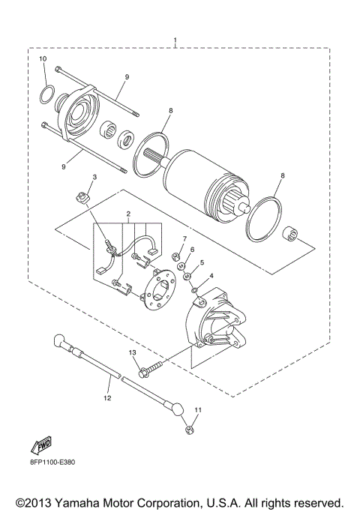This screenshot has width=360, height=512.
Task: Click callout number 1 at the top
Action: tap(175, 39)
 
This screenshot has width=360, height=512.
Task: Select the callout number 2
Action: tap(128, 214)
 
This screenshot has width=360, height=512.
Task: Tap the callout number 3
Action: tap(94, 177)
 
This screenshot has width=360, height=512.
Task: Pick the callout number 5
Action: tap(201, 262)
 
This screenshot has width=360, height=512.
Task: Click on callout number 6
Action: tap(192, 250)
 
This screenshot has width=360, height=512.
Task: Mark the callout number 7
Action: tap(184, 238)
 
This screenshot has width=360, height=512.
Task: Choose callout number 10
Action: tap(42, 59)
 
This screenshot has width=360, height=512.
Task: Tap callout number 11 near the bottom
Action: tap(198, 409)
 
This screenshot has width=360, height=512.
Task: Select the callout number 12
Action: tap(107, 398)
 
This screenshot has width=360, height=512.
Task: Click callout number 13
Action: tap(132, 352)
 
